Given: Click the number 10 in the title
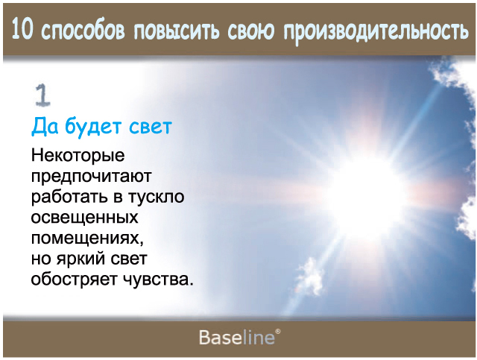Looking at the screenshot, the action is (22, 30).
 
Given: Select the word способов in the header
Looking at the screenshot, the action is (83, 31).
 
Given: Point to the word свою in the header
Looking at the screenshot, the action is (251, 31).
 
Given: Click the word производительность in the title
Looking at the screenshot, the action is (376, 31).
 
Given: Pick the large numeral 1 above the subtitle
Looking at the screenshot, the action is (42, 95).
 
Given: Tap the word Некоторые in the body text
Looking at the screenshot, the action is (78, 155).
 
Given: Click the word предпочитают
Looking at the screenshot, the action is (91, 177).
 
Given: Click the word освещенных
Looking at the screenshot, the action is (84, 218).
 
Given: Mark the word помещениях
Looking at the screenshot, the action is (87, 239).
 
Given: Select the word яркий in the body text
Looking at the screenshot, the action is (81, 259).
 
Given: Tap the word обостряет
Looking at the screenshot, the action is (74, 280).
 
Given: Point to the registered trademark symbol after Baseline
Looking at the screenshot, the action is (278, 332).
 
